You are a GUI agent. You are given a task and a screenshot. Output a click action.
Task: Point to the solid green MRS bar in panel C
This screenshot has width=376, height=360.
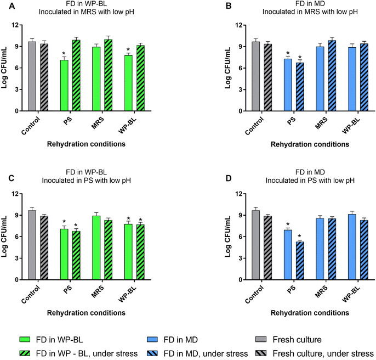[96, 248]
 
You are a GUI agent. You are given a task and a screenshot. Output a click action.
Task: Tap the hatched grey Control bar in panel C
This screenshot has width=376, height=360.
[43, 248]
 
